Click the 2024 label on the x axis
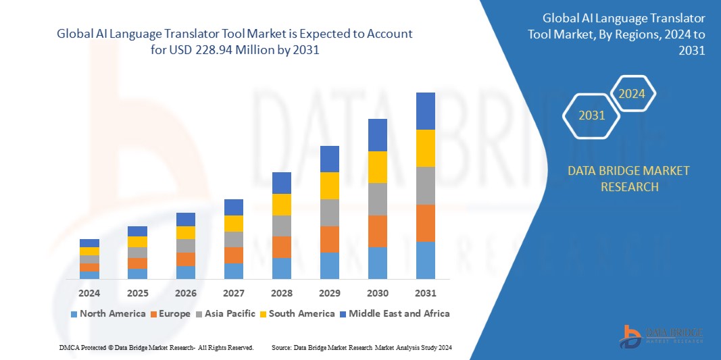pyautogui.click(x=89, y=293)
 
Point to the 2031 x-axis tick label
pyautogui.click(x=426, y=293)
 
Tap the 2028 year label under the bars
pyautogui.click(x=281, y=293)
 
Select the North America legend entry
pyautogui.click(x=108, y=313)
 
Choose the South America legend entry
pyautogui.click(x=297, y=313)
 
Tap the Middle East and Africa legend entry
pyautogui.click(x=394, y=313)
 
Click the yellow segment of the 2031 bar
pyautogui.click(x=426, y=148)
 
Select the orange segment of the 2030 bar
pyautogui.click(x=377, y=231)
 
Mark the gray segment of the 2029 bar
pyautogui.click(x=329, y=212)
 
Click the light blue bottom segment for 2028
pyautogui.click(x=281, y=268)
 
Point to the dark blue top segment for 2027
pyautogui.click(x=233, y=207)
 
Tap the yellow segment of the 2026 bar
pyautogui.click(x=185, y=232)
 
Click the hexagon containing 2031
pyautogui.click(x=592, y=115)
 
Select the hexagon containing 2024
pyautogui.click(x=632, y=94)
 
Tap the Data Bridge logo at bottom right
pyautogui.click(x=662, y=336)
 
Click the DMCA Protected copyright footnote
pyautogui.click(x=156, y=347)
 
